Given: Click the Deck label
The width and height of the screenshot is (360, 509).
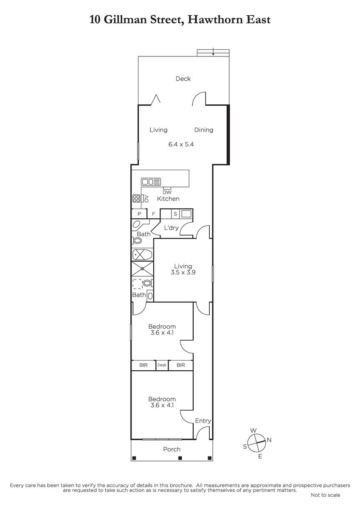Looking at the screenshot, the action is point(183,79).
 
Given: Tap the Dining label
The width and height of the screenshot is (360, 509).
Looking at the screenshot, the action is point(203,130).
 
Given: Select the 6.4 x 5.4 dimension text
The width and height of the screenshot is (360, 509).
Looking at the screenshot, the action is point(181,144).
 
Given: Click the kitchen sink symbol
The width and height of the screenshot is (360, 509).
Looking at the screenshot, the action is point(151,182).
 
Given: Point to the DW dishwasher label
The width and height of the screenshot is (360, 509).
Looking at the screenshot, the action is point(167,193).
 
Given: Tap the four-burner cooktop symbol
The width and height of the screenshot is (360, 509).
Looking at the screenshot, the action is point(136,199).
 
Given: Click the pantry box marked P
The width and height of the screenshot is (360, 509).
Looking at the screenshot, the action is point(139,214).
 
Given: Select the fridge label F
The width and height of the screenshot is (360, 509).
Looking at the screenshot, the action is point(154,214).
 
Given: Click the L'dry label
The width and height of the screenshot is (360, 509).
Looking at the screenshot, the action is point(171,228).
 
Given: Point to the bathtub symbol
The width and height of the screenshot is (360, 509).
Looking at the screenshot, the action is point(142,255).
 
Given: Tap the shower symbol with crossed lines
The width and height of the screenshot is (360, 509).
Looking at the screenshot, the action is point(142,268).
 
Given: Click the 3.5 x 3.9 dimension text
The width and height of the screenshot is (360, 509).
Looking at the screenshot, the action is point(183,272).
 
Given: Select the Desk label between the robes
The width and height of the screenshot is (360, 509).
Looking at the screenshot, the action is point(162,365).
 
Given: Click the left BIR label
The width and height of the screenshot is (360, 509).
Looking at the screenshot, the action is point(143,365).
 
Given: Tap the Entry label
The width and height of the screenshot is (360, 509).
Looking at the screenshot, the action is point(203,421).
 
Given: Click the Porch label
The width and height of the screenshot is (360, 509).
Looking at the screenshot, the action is point(172,449).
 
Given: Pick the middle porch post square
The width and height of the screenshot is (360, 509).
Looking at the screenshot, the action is point(180,458).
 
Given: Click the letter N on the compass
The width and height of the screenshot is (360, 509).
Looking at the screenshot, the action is point(269,440).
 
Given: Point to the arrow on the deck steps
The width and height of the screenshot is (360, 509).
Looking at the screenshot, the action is point(213,52).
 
